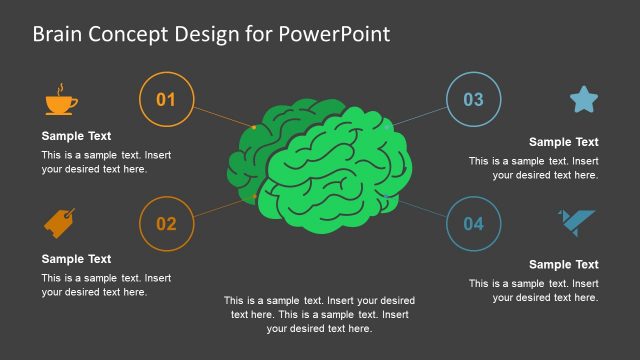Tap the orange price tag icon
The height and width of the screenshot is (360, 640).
[x=60, y=222]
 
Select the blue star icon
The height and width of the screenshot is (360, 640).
[x=584, y=99]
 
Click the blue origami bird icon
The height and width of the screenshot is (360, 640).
[x=577, y=223]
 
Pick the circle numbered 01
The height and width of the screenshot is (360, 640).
[x=166, y=99]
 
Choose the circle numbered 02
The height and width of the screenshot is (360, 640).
[x=166, y=223]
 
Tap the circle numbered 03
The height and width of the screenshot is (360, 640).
[x=473, y=99]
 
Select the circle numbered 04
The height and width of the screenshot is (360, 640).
[x=473, y=223]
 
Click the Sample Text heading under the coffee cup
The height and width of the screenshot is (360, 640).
[x=76, y=136]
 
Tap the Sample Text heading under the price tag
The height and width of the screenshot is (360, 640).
[x=76, y=258]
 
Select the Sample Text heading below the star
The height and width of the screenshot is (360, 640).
[x=563, y=142]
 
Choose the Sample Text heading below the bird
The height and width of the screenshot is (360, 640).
[x=563, y=264]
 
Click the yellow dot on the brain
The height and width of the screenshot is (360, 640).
[x=254, y=128]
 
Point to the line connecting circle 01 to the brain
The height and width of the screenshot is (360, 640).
[x=222, y=115]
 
